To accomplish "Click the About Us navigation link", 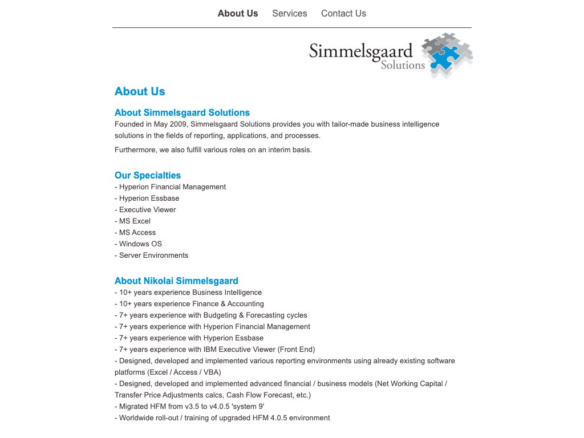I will point(238,13).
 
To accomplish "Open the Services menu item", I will point(290,13).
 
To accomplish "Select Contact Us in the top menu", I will point(343,13).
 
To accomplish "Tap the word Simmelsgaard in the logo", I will point(360,51).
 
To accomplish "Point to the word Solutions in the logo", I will point(403,65).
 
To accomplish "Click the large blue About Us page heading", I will point(140,91).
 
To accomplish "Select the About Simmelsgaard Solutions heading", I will point(182,112).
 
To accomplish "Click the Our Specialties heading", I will point(148,175).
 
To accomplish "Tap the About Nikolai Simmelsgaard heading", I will point(176,281).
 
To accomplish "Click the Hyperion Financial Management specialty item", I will point(171,187).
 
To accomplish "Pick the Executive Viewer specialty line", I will point(147,210).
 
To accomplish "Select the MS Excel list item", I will point(134,221).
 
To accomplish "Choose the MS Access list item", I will point(136,233).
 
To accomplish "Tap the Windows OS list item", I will point(140,244).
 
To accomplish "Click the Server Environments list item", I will point(152,255).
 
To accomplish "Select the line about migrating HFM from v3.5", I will point(190,407).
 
